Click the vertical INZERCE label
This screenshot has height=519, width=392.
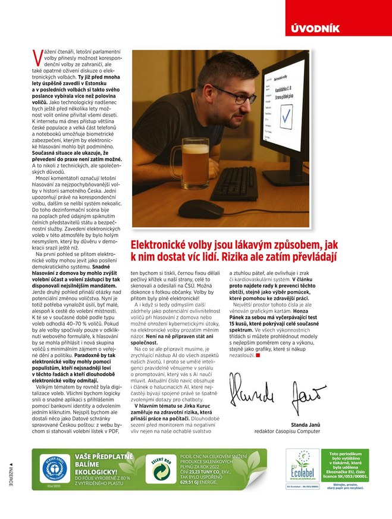[x=10, y=474]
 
